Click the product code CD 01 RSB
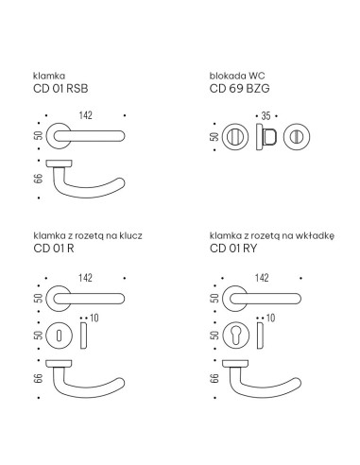point(60,89)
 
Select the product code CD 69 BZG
point(239,89)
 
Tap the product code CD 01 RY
point(233,249)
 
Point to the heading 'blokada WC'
point(237,76)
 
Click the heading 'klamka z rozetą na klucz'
point(88,235)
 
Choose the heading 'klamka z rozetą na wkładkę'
point(272,235)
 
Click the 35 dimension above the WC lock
point(266,116)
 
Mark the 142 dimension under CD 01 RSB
point(86,115)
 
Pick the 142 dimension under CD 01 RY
point(262,278)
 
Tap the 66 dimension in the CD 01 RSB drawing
point(39,179)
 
